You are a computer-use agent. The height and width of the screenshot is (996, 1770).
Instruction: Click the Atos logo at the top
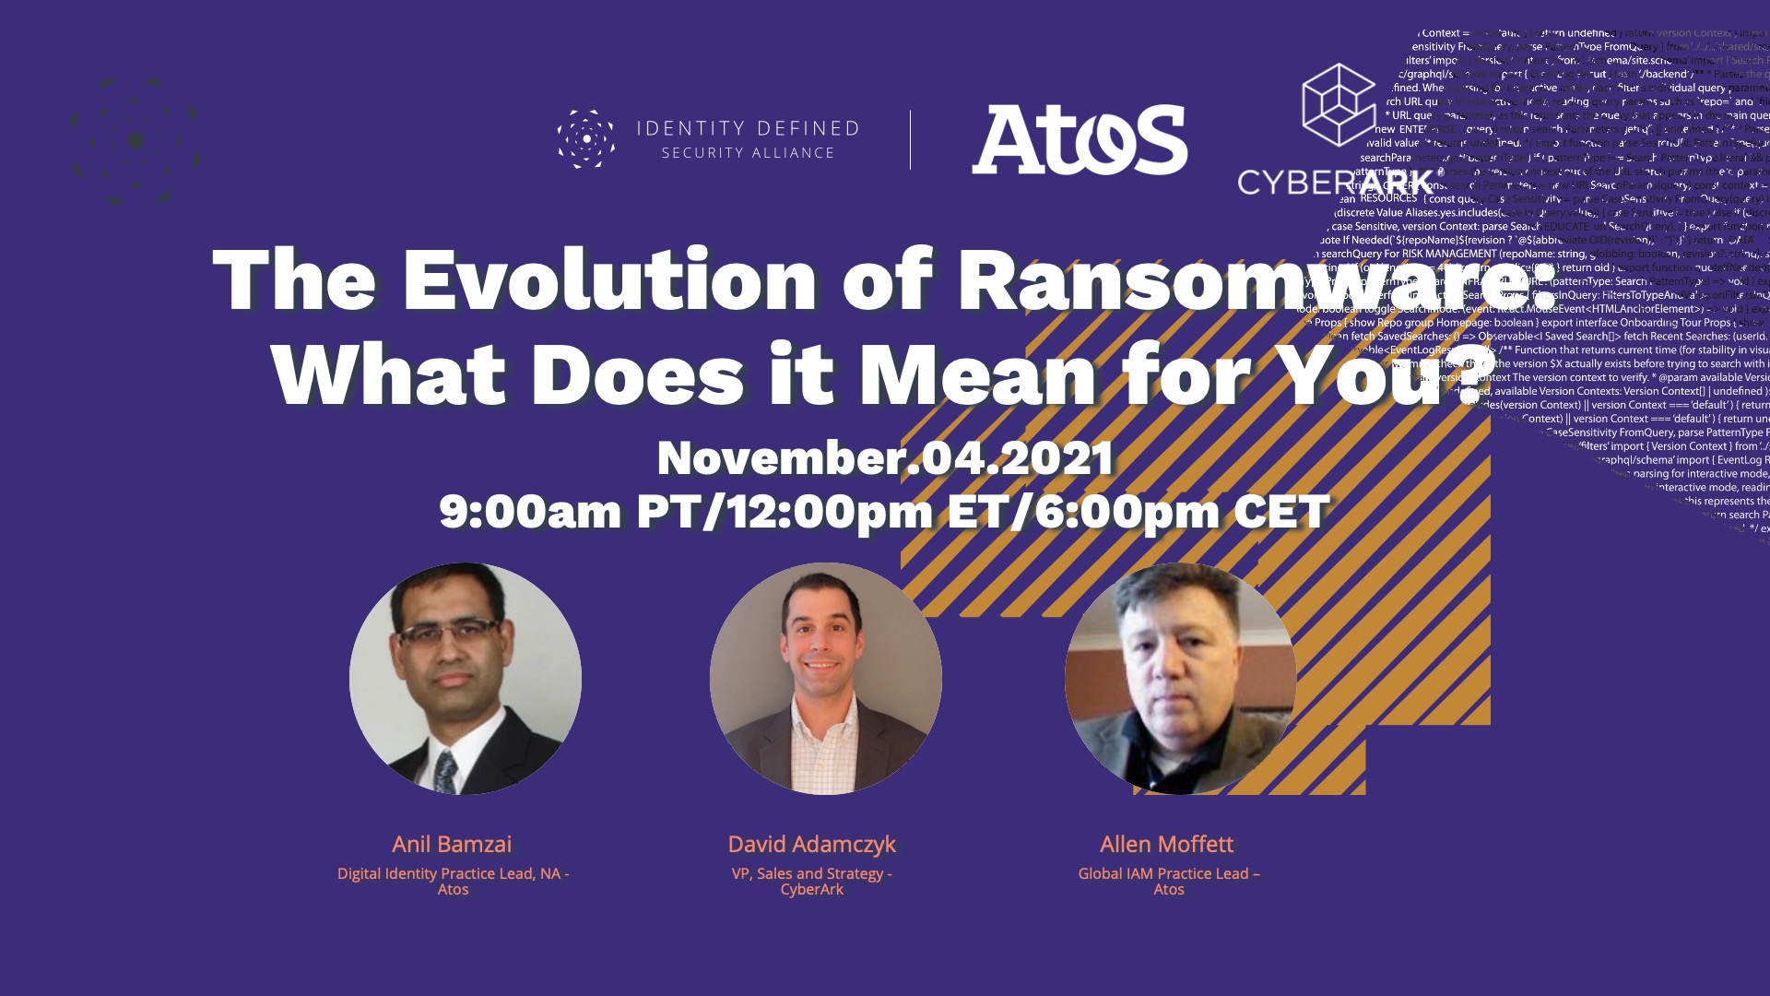coord(1080,139)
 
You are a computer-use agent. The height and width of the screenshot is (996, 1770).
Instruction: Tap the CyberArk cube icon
coord(1338,104)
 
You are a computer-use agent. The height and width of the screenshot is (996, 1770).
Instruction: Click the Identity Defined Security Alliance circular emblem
coord(585,139)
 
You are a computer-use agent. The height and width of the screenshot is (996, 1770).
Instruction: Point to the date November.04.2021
coord(885,458)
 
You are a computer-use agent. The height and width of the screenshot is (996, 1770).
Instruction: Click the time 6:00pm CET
coord(1183,512)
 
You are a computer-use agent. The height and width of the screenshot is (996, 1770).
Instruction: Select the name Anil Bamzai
coord(452,844)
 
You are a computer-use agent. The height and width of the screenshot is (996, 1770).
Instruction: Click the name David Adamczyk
coord(811,844)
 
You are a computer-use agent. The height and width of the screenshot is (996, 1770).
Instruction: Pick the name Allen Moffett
coord(1166,844)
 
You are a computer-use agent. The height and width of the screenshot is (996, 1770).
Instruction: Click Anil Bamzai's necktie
coord(447,771)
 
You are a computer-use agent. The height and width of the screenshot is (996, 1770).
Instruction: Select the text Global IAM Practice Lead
coord(1163,873)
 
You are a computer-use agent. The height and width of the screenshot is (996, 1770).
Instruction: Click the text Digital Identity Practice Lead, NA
coord(448,873)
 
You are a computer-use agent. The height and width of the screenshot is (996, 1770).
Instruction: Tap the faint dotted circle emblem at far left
coord(136,140)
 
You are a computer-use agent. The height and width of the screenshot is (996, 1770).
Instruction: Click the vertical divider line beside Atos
coord(911,140)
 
